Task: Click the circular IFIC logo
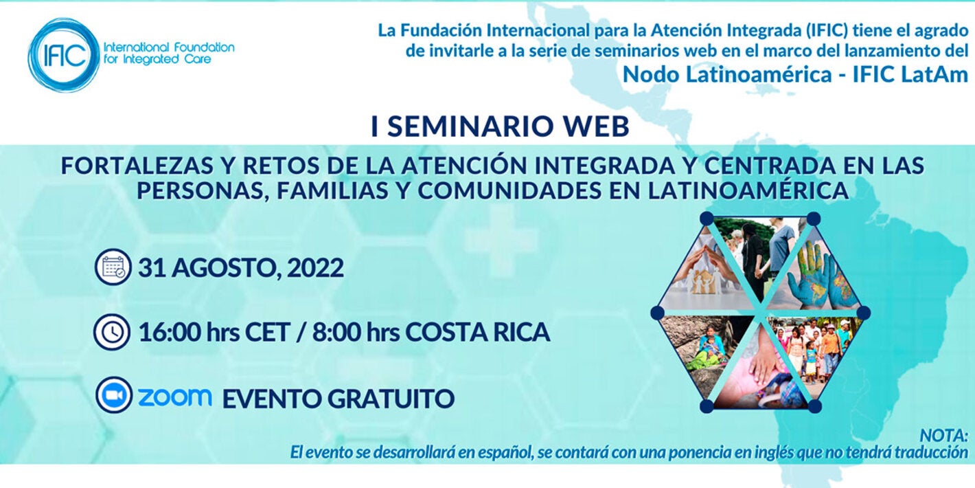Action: pos(63,55)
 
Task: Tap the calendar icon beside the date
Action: pos(113,267)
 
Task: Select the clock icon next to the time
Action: pos(113,332)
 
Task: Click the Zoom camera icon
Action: pos(113,396)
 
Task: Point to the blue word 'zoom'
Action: pos(174,397)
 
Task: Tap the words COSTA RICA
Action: pos(478,333)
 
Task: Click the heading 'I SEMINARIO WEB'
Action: pos(500,127)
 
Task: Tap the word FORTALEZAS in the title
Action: pos(133,166)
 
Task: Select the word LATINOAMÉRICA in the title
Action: pos(748,190)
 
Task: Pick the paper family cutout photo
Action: pos(704,275)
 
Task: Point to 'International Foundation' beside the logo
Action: pos(168,47)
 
